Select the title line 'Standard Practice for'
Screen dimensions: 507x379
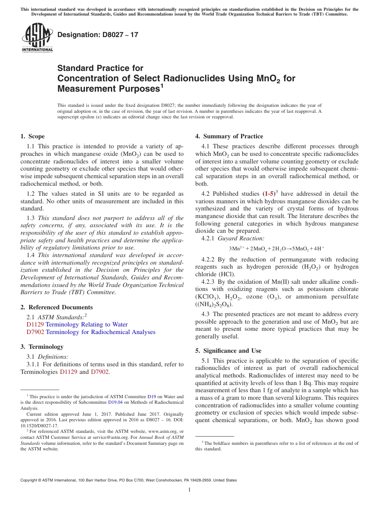100,68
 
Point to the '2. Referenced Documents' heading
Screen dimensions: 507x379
56,307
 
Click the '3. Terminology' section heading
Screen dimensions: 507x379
42,347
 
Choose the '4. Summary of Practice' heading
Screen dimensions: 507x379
229,136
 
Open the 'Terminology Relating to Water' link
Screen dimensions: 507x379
87,324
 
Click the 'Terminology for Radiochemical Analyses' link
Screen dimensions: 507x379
101,332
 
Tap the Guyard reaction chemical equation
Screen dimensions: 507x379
277,249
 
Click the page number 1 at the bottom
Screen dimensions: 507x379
189,490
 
